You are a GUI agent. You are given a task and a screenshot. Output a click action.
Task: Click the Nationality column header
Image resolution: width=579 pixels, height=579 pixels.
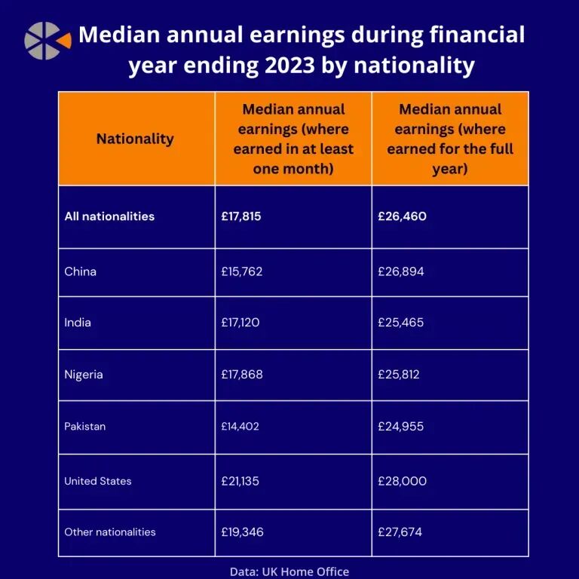coord(135,139)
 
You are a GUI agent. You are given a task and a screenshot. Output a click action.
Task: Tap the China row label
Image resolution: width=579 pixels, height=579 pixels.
coord(81,271)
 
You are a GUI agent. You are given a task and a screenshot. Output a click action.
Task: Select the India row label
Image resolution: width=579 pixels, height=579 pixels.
coord(78,323)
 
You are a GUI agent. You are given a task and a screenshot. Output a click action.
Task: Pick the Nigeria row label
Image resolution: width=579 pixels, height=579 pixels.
coord(84,375)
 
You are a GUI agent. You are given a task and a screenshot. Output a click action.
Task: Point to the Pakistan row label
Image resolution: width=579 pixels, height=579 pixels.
coord(85,427)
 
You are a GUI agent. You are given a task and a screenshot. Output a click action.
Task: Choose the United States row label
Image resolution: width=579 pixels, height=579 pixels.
coord(98,481)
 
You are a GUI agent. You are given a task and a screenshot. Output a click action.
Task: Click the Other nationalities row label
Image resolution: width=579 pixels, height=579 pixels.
coord(110,532)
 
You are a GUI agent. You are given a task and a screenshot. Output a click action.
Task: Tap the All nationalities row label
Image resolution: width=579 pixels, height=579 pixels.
coord(109,216)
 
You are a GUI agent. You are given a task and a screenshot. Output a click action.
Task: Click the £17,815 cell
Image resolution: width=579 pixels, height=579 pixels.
coord(240,216)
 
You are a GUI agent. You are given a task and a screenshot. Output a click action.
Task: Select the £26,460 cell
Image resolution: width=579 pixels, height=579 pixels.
coord(402,216)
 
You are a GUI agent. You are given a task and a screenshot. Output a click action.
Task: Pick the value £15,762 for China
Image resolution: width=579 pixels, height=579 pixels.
coord(242,271)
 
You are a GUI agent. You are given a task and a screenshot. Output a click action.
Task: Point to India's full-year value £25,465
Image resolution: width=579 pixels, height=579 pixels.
coord(401,323)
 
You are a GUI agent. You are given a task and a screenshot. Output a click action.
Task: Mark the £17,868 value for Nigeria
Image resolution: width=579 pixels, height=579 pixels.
coord(242,375)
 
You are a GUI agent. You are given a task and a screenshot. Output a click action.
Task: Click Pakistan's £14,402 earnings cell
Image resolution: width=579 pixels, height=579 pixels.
coord(240,427)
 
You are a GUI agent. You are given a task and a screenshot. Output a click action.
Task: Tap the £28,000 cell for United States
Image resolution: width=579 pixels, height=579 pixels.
coord(402,481)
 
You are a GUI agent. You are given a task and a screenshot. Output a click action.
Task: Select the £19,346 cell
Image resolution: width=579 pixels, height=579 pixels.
coord(242,532)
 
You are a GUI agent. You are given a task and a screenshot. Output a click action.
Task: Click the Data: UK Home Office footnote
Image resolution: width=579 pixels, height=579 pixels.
coord(289,571)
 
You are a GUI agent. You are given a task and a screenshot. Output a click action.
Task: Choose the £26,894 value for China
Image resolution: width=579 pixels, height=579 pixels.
coord(401,271)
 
